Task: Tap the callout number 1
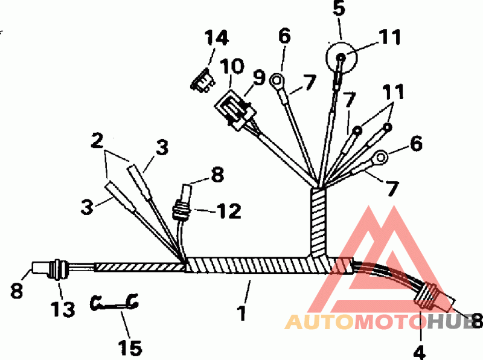click(x=241, y=313)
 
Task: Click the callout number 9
click(x=260, y=78)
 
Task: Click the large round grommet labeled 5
click(x=342, y=58)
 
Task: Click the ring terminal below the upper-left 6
click(x=278, y=79)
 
